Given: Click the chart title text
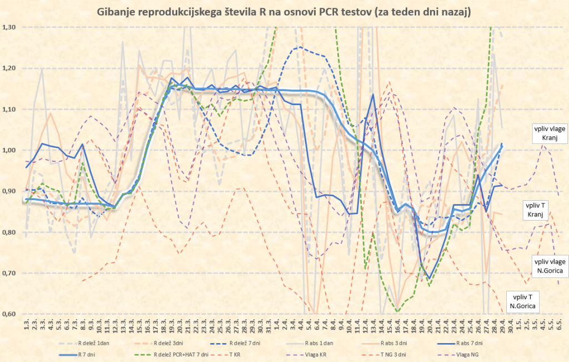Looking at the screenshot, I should click(284, 12).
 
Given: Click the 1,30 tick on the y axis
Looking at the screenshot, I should click(9, 27).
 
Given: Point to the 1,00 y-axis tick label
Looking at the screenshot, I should click(9, 150).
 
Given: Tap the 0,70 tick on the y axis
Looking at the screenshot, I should click(9, 273).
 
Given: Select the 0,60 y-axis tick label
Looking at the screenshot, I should click(9, 314).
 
